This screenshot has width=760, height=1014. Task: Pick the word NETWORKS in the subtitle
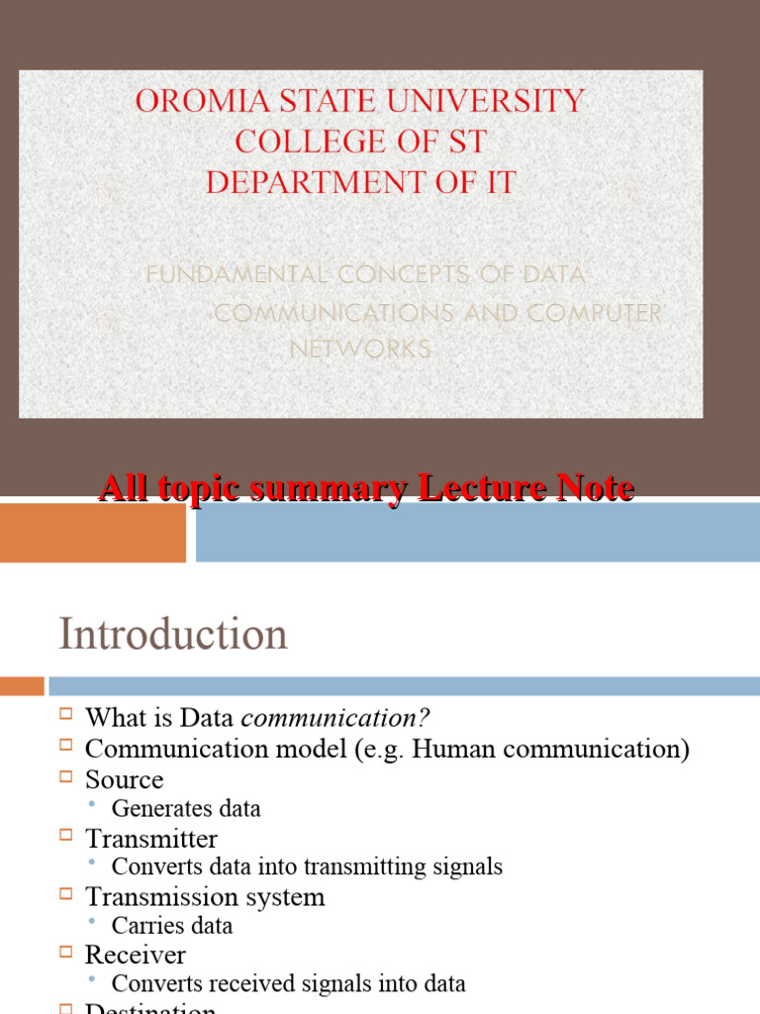point(360,349)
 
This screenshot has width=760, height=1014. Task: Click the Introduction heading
point(173,634)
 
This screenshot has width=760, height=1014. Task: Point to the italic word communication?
point(336,718)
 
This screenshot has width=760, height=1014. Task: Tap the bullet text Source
point(124,779)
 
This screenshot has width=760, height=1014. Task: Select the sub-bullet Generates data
point(186,809)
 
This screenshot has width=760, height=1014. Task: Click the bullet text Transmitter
point(150,839)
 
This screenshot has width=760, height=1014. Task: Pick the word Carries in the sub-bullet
point(143,926)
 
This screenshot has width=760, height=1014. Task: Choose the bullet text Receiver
point(135,955)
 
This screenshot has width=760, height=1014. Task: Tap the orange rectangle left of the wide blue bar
point(93,532)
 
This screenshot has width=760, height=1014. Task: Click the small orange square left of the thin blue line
point(22,685)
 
